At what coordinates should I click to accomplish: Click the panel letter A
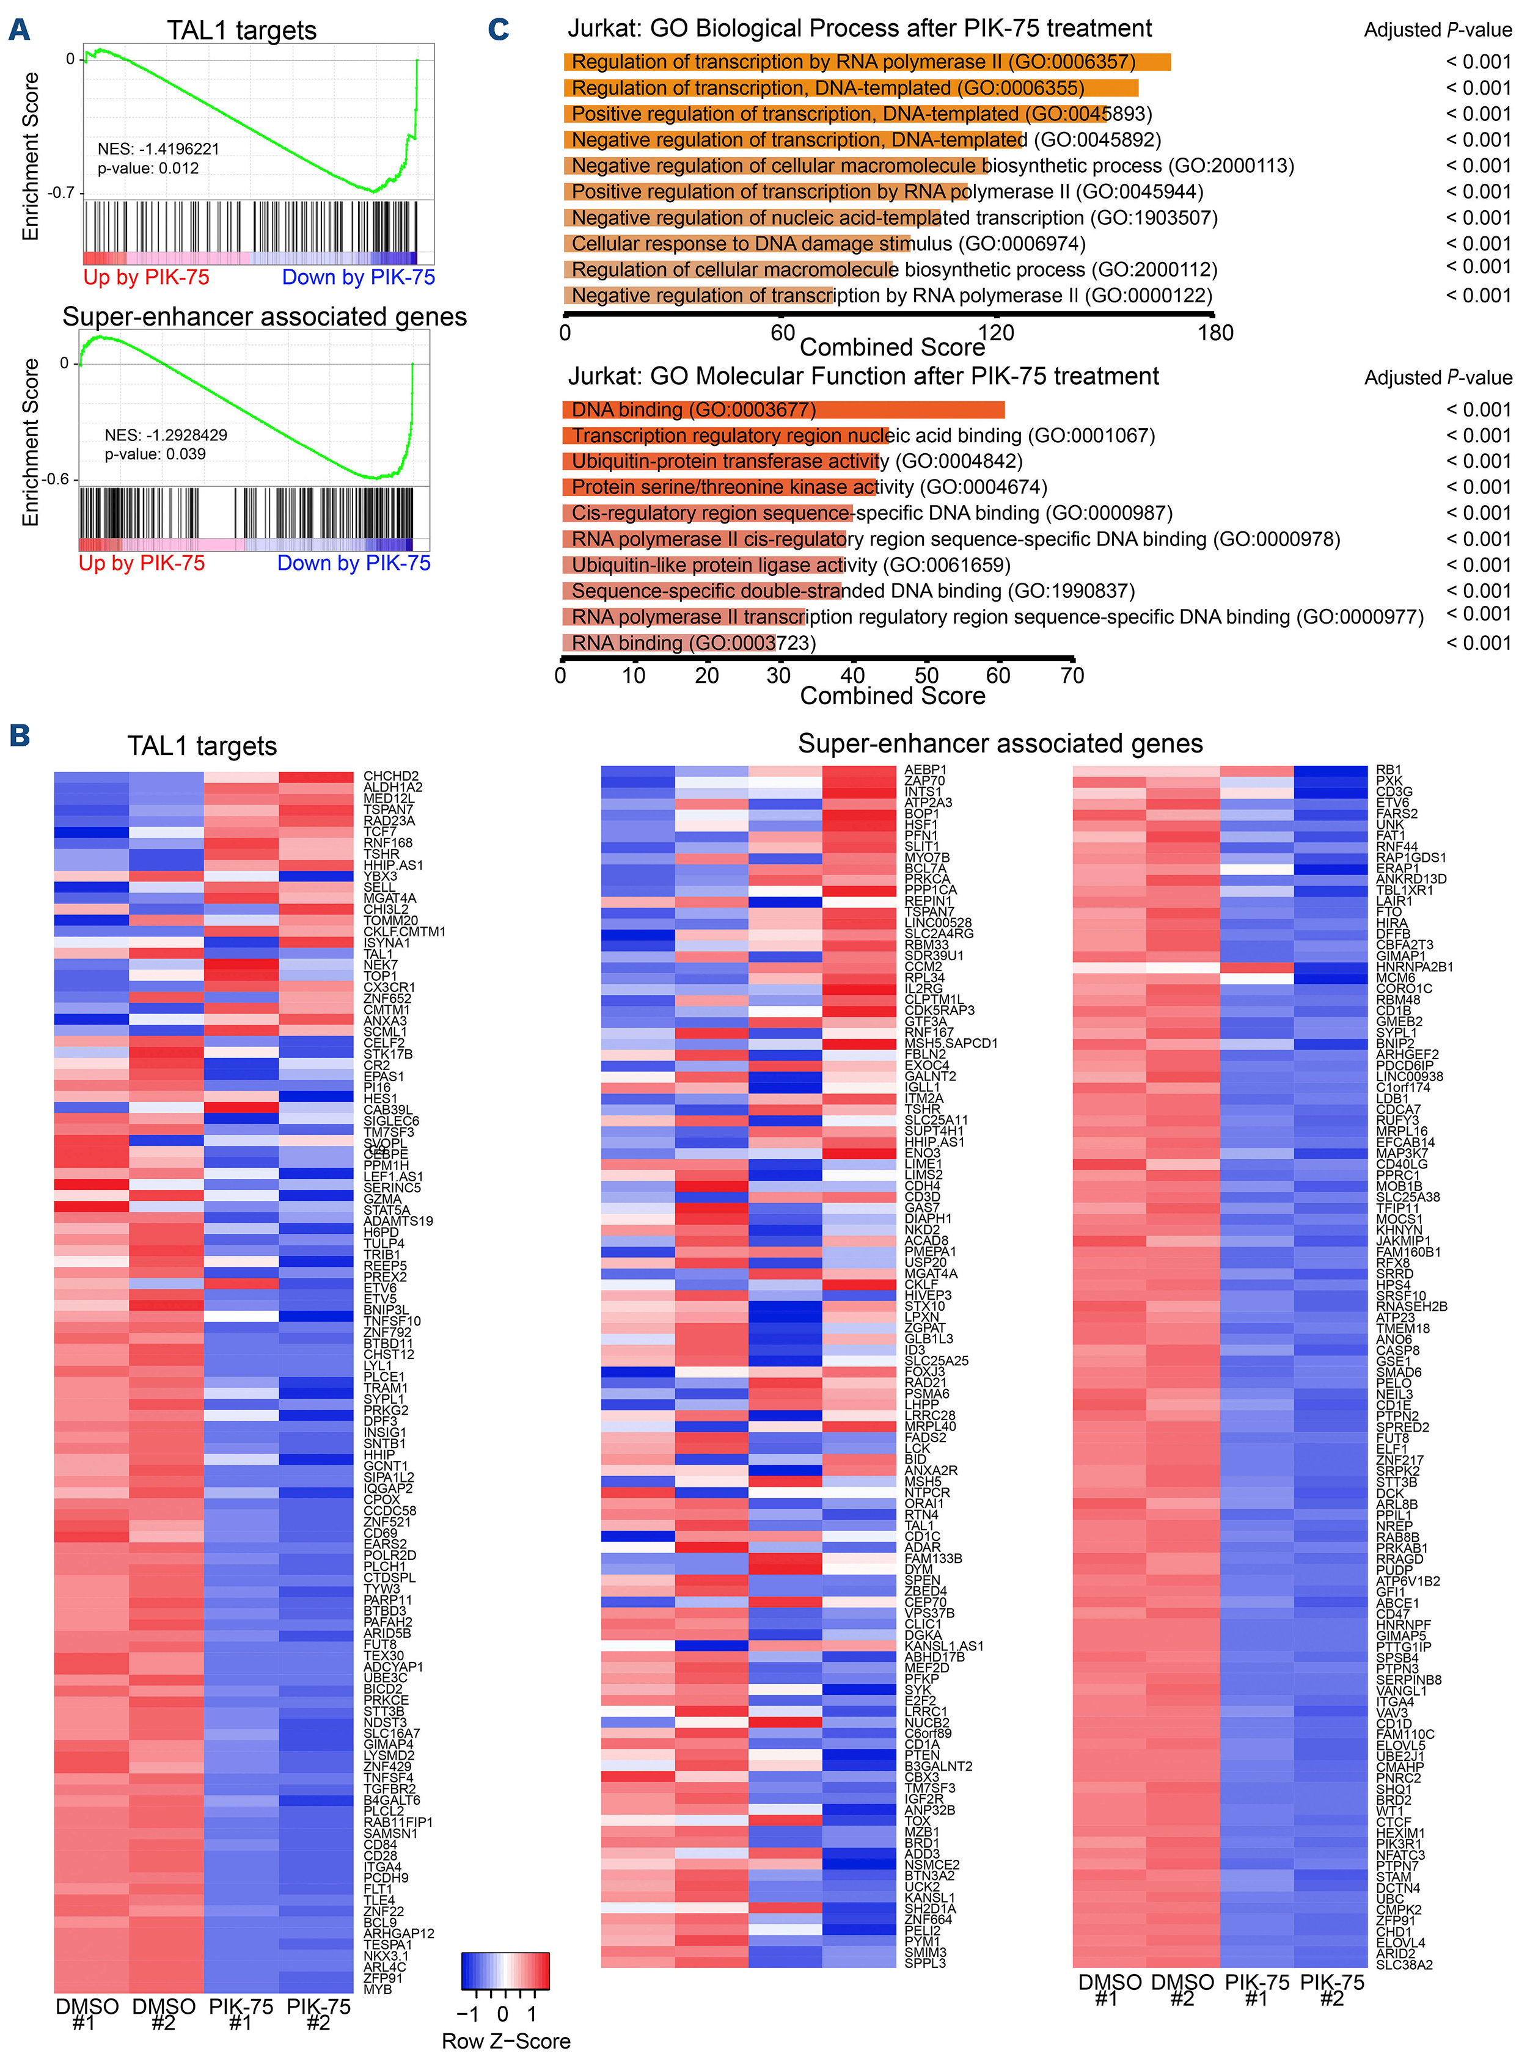[x=18, y=30]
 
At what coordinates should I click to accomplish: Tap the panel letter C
[x=498, y=30]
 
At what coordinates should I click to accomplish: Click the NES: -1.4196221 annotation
[x=158, y=149]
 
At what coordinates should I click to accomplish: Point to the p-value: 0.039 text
[x=155, y=454]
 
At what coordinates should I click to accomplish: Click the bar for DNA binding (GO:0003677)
[x=783, y=409]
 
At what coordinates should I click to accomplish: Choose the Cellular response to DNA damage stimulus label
[x=828, y=244]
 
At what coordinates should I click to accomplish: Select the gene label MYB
[x=378, y=1989]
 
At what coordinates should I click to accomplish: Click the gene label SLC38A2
[x=1404, y=1965]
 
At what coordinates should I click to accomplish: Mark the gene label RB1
[x=1388, y=770]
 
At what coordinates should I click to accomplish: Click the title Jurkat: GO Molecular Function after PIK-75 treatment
[x=863, y=376]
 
